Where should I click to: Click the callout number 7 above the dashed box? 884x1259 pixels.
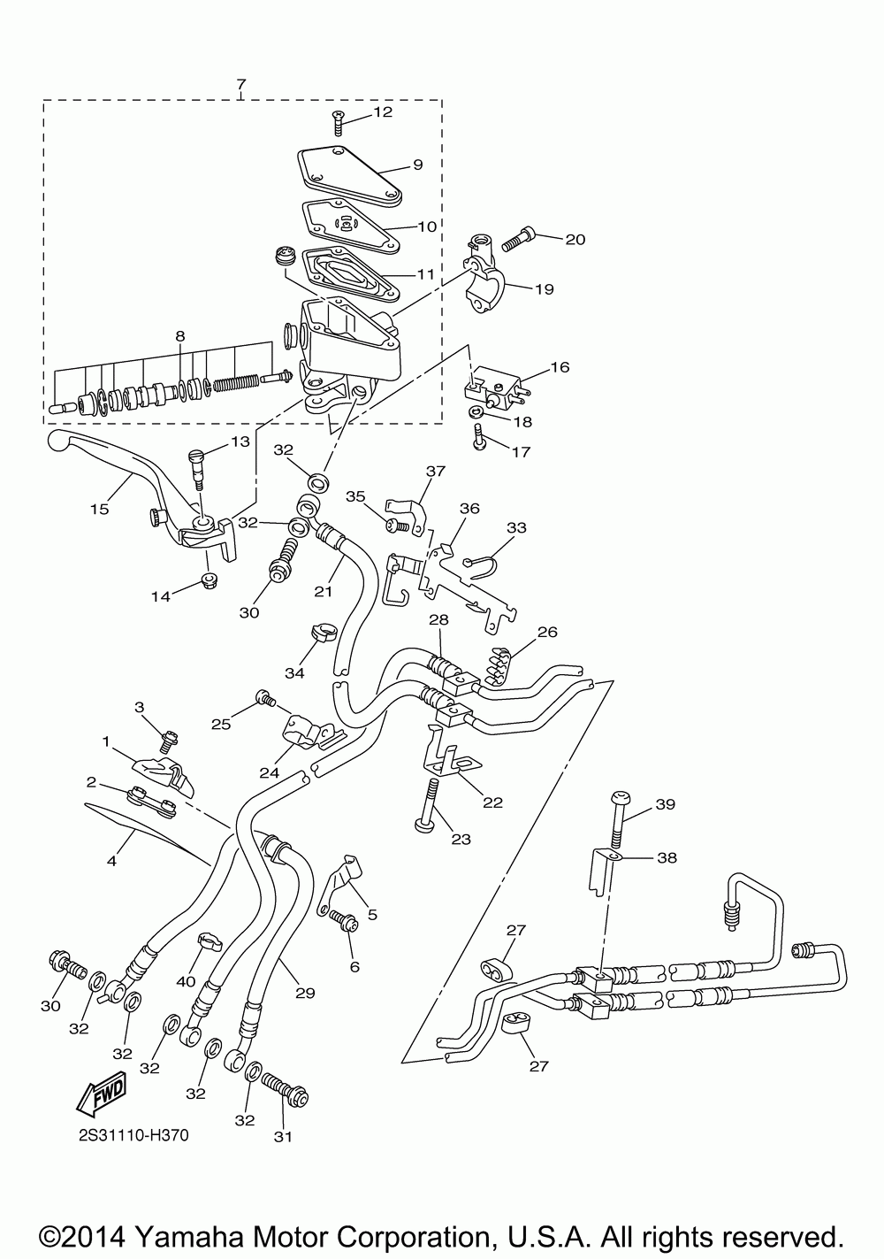[x=241, y=84]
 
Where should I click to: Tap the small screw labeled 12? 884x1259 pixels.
[x=337, y=122]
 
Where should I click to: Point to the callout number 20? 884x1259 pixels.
[x=575, y=240]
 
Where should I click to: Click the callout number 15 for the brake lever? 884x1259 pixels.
[x=99, y=510]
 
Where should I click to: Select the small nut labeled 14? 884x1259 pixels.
[x=209, y=579]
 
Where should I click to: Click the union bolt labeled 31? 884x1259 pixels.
[x=286, y=1089]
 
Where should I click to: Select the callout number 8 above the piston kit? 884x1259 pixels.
[x=180, y=335]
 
